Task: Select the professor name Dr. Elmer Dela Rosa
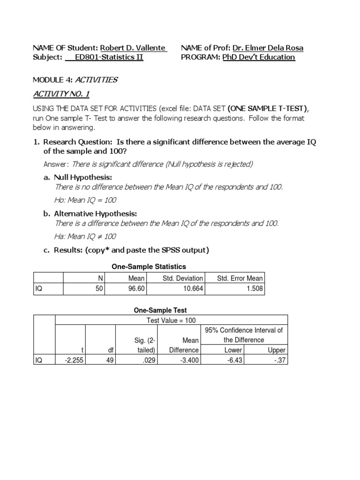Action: point(268,48)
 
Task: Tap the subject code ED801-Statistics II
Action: point(109,57)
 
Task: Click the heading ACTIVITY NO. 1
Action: point(61,94)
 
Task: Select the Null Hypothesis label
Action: point(83,177)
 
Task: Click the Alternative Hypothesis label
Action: point(95,213)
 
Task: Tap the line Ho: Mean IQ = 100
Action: point(85,200)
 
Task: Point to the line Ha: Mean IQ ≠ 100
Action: point(85,236)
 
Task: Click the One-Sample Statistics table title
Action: point(149,266)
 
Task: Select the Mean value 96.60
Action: point(136,289)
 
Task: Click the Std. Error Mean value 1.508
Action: point(255,289)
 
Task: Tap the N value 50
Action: point(99,289)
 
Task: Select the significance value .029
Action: point(148,360)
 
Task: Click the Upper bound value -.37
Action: point(279,360)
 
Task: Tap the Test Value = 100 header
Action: point(171,320)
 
